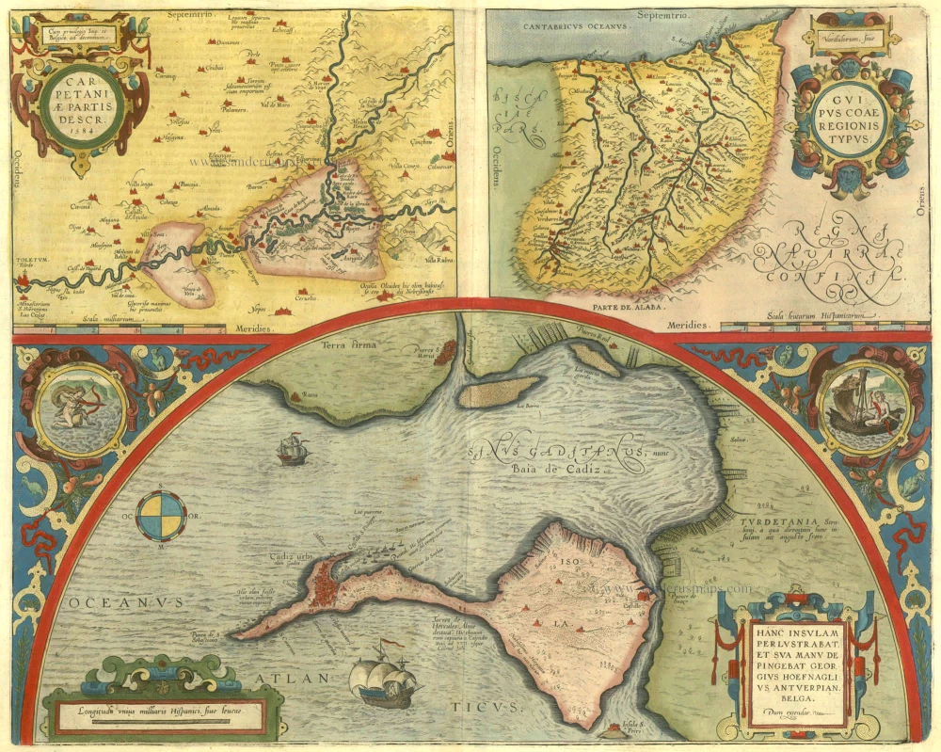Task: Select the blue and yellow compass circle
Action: (x=161, y=517)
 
